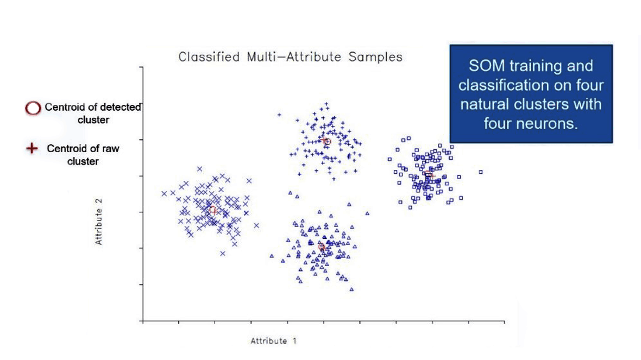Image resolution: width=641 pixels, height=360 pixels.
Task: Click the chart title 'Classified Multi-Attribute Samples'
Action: tap(290, 57)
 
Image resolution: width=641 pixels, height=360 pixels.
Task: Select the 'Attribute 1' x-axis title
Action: tap(274, 341)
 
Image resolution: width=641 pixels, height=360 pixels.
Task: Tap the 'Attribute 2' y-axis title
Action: tap(99, 221)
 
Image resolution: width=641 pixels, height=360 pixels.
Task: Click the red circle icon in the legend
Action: tap(33, 108)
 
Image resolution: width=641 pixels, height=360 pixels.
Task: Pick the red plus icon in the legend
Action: tap(33, 148)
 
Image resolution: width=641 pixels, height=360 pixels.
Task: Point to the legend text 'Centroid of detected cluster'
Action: tap(93, 113)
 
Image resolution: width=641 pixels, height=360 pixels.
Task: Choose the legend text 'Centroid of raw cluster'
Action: tap(83, 154)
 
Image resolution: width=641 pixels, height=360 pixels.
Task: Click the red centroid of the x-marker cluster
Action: tap(213, 210)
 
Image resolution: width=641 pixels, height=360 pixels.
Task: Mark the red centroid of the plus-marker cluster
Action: tap(327, 142)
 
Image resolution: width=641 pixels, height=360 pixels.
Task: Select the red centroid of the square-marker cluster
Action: tap(429, 174)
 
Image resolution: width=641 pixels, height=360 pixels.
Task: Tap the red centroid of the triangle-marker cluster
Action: tap(322, 247)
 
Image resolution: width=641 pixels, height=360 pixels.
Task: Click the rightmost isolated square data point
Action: tap(481, 172)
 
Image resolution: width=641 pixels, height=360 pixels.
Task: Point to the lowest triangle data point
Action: tap(351, 289)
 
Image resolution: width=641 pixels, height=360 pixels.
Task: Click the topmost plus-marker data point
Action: tap(326, 103)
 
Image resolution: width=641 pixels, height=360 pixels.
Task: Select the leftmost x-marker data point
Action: tap(164, 193)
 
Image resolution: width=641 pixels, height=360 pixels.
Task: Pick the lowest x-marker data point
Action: tap(223, 253)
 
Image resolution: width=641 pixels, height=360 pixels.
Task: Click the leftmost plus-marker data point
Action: tap(279, 115)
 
